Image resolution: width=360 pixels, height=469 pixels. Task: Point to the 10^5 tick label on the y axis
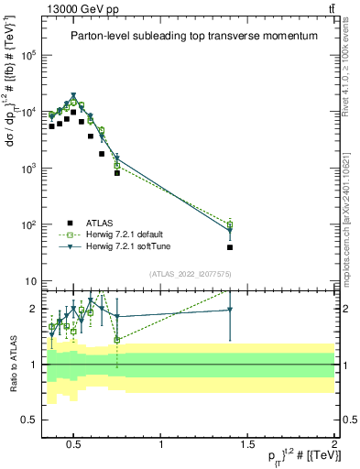29,55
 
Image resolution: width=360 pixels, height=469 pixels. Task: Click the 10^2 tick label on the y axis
29,224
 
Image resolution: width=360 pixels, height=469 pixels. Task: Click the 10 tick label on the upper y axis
32,281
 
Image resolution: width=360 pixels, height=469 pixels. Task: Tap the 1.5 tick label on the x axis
247,444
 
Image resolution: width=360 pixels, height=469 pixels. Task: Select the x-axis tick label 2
333,444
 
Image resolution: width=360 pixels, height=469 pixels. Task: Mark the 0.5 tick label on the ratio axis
28,420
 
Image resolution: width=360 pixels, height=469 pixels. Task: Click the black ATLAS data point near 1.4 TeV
230,247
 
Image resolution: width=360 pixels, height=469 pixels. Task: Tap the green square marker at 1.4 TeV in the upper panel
230,225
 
